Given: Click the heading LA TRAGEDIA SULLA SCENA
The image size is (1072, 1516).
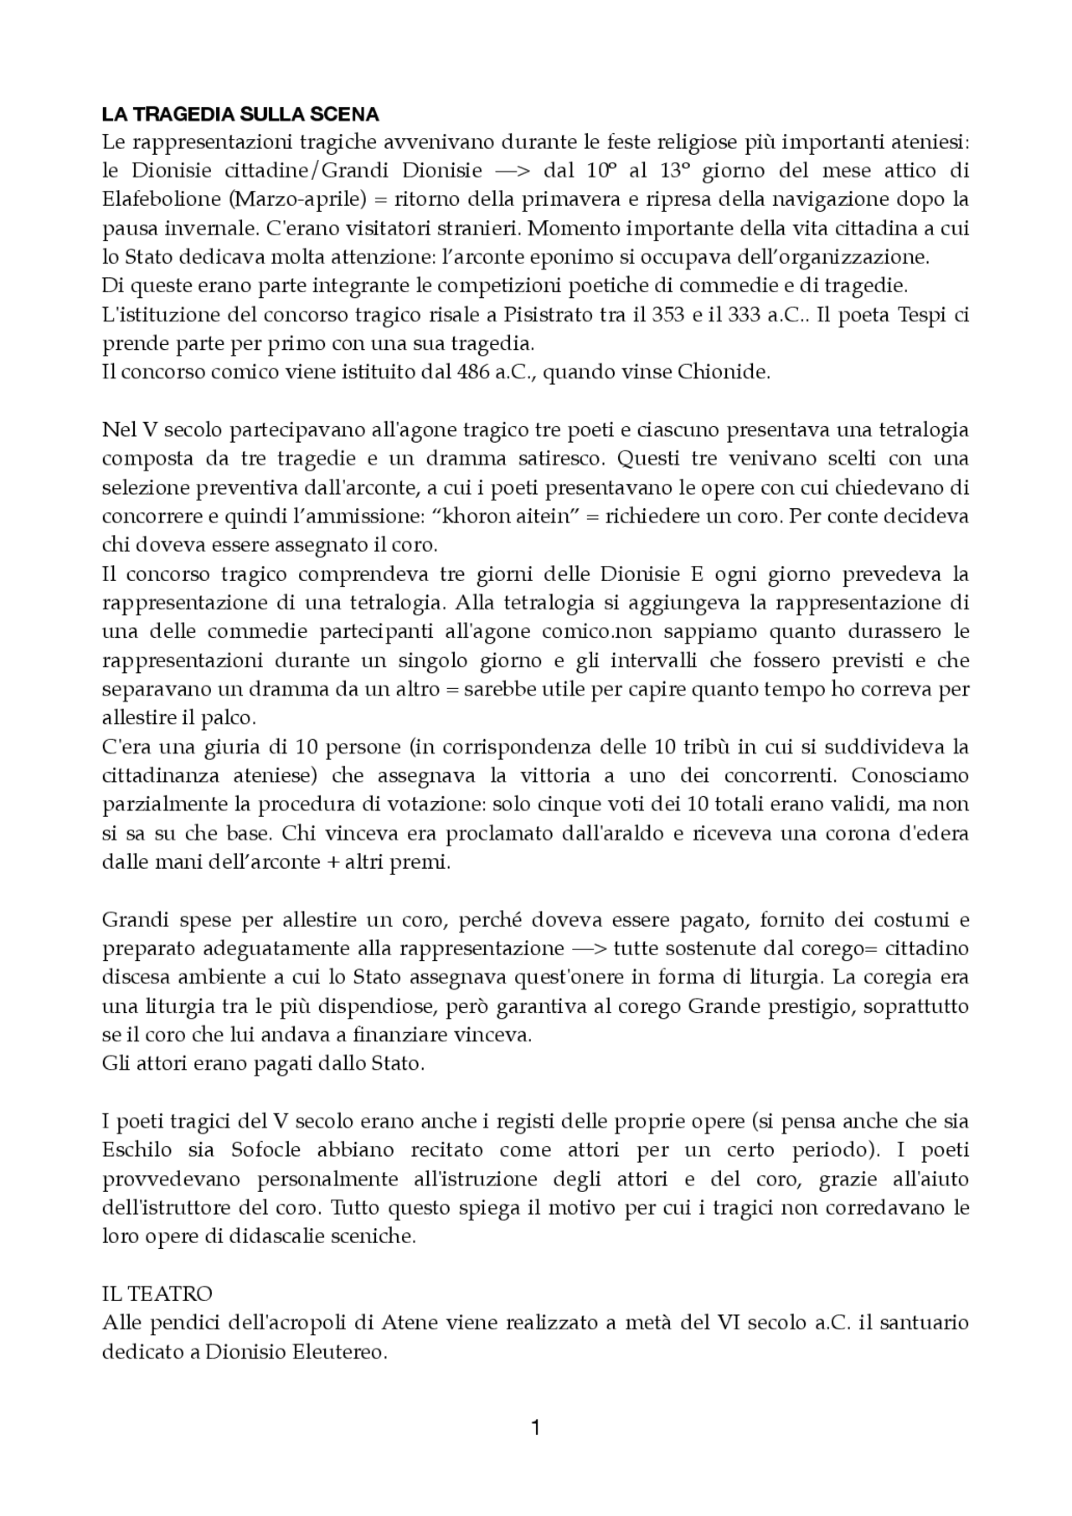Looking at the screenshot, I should point(240,114).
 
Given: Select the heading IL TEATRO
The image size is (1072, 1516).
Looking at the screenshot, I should point(157,1294).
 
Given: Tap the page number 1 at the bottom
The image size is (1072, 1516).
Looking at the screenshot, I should point(536,1426).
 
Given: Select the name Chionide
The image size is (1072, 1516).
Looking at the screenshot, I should point(728,373).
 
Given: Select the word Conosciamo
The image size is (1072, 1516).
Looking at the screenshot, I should point(910,775).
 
